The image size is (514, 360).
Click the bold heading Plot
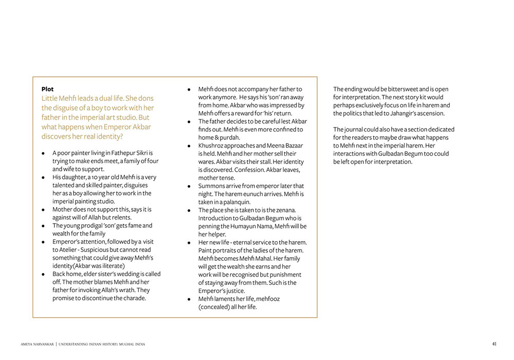pyautogui.click(x=47, y=89)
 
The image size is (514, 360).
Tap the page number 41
pyautogui.click(x=494, y=344)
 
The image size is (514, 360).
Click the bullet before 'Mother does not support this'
pyautogui.click(x=44, y=210)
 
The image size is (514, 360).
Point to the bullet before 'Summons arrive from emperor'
pyautogui.click(x=190, y=186)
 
